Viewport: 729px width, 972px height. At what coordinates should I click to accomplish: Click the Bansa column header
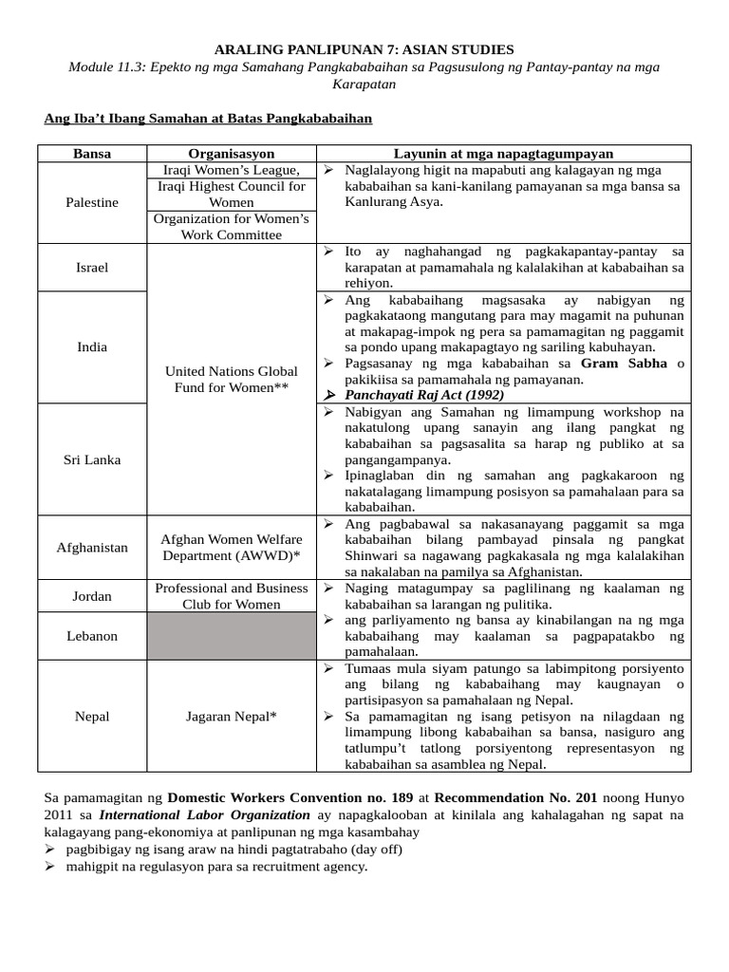pyautogui.click(x=92, y=154)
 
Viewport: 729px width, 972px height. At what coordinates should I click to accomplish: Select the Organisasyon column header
pyautogui.click(x=232, y=154)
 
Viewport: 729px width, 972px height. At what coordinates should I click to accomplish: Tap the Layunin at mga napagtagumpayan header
pyautogui.click(x=503, y=154)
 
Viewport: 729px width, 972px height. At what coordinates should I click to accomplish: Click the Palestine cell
pyautogui.click(x=92, y=202)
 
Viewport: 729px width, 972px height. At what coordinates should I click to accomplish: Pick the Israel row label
pyautogui.click(x=92, y=267)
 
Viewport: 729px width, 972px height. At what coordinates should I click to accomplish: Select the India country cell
pyautogui.click(x=92, y=346)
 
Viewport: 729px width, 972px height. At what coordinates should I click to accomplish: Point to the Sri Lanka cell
pyautogui.click(x=92, y=459)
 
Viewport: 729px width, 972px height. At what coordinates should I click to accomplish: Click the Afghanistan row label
pyautogui.click(x=92, y=548)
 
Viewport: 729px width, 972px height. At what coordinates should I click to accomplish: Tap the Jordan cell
pyautogui.click(x=92, y=596)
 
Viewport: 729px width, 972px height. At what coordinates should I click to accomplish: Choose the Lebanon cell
pyautogui.click(x=92, y=636)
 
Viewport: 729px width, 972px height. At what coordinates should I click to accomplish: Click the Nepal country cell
pyautogui.click(x=92, y=716)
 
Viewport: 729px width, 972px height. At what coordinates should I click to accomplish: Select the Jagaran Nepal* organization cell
pyautogui.click(x=232, y=716)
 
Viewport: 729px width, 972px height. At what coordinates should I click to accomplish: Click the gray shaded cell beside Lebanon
pyautogui.click(x=232, y=636)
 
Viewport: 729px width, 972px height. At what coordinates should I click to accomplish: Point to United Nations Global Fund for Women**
pyautogui.click(x=232, y=380)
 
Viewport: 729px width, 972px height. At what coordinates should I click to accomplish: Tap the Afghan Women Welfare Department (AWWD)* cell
pyautogui.click(x=232, y=548)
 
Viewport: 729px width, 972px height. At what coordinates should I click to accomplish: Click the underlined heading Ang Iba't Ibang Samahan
pyautogui.click(x=208, y=119)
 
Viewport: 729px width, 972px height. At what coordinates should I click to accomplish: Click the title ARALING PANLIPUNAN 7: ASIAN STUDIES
pyautogui.click(x=364, y=48)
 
